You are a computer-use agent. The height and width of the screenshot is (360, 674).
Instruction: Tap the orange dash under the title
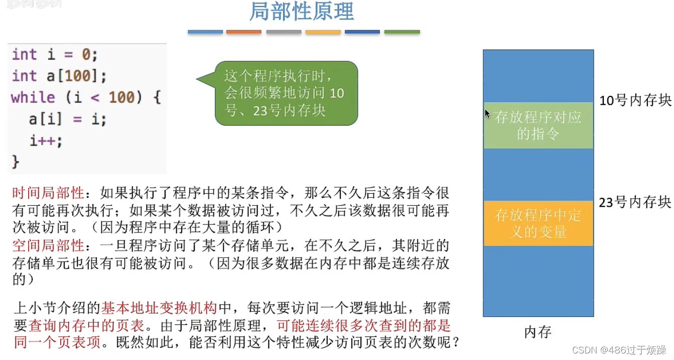244,32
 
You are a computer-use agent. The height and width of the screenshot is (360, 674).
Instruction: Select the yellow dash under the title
323,32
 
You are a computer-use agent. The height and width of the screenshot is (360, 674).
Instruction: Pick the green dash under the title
402,32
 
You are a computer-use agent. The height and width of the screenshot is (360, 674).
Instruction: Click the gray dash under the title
284,32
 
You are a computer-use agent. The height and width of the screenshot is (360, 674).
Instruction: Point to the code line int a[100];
59,76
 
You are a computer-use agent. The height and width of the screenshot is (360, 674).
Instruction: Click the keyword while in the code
33,97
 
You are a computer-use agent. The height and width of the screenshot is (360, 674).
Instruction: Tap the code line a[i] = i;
68,119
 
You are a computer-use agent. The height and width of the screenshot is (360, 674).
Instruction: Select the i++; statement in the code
46,141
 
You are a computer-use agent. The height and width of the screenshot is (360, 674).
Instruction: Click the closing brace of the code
16,162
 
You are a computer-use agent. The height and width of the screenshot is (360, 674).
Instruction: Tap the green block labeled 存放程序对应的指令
538,126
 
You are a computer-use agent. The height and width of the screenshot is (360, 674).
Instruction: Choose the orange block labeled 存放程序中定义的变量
538,223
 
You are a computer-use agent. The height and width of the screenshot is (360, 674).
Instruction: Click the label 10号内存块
635,100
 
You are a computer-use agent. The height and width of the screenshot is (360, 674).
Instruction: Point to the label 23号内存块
635,202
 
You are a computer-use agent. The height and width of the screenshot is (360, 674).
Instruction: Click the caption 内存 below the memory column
537,332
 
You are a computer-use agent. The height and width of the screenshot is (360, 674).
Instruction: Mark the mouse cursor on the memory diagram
487,113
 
